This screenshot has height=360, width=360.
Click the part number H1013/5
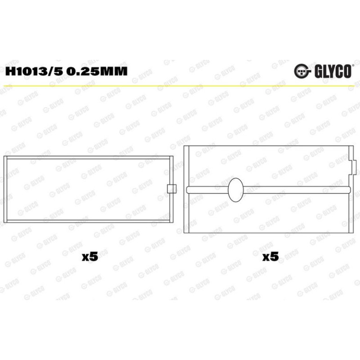click(x=34, y=71)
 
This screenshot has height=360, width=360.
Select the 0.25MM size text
click(x=97, y=71)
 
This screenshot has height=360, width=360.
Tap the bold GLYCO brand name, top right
click(x=333, y=71)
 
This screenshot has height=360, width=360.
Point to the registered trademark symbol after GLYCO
click(x=353, y=65)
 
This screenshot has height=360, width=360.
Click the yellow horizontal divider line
click(x=180, y=86)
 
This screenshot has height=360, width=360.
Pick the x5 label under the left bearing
click(x=90, y=256)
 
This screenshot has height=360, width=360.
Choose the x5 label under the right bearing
click(x=271, y=256)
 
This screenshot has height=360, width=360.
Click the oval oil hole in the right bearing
click(x=236, y=190)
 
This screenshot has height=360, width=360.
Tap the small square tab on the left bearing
click(x=171, y=189)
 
